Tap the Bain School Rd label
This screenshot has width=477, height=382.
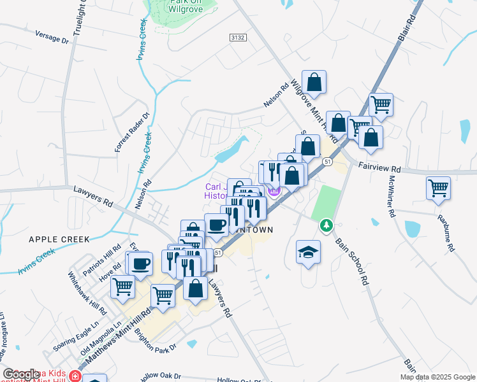[352, 262]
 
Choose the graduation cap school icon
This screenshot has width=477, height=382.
[308, 252]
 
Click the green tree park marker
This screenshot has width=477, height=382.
[327, 225]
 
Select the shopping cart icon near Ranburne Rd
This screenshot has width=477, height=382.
[438, 188]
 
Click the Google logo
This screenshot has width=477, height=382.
[22, 374]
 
